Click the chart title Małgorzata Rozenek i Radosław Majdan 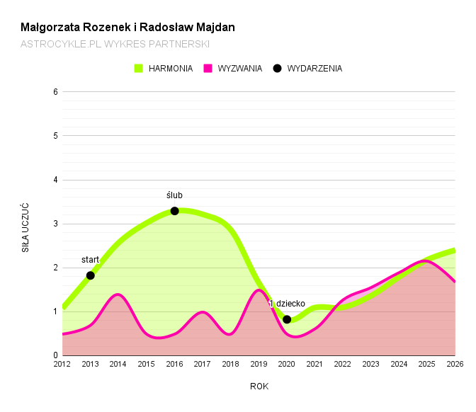[x=127, y=28]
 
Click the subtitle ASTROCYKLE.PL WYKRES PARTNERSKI [x=115, y=44]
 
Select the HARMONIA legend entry [x=164, y=69]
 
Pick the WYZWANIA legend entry [x=233, y=69]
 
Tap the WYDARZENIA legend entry [x=307, y=69]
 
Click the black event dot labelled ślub [x=174, y=211]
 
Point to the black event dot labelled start [x=91, y=275]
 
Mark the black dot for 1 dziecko [x=287, y=319]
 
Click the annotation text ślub [x=174, y=195]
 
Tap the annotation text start [x=90, y=260]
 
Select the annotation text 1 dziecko [x=287, y=304]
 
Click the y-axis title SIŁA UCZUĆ [x=25, y=228]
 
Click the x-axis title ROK [x=259, y=387]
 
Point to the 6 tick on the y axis [x=55, y=91]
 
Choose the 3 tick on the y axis [x=55, y=224]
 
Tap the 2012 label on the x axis [x=62, y=365]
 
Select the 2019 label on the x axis [x=259, y=365]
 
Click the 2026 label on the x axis [x=455, y=365]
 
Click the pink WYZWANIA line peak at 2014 [x=118, y=294]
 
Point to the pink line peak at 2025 [x=425, y=261]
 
